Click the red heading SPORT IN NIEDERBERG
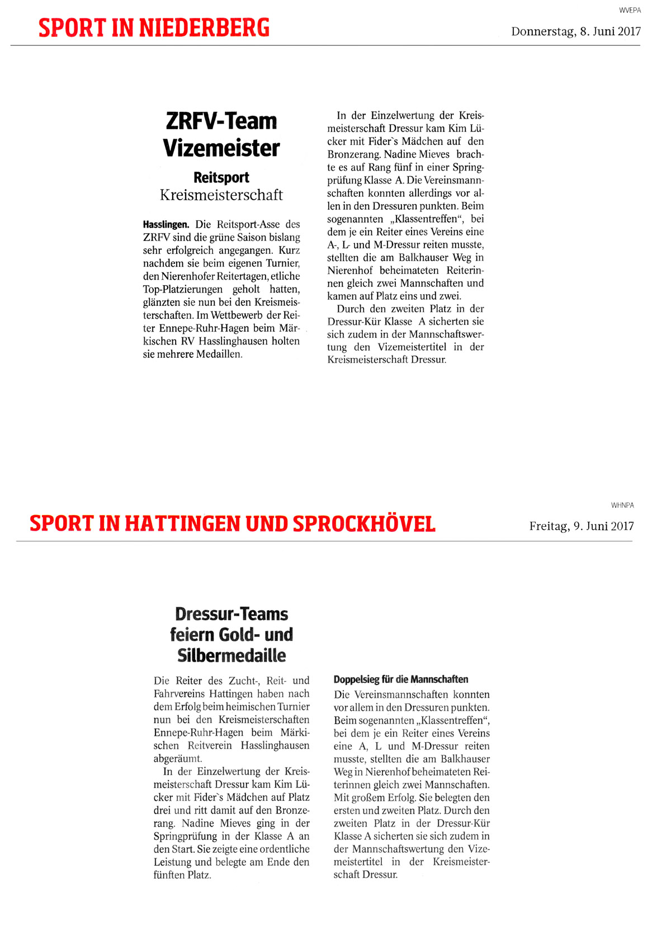point(154,27)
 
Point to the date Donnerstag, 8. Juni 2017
point(575,32)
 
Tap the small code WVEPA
point(630,11)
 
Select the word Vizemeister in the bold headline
point(221,148)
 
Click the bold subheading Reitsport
point(221,178)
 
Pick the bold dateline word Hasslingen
point(166,225)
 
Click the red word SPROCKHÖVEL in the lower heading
point(364,524)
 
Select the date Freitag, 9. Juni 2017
point(582,526)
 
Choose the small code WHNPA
point(622,506)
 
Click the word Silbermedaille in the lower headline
point(231,655)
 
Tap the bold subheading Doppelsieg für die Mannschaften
point(401,679)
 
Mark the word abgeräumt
point(178,759)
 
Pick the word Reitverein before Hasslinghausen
point(210,746)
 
